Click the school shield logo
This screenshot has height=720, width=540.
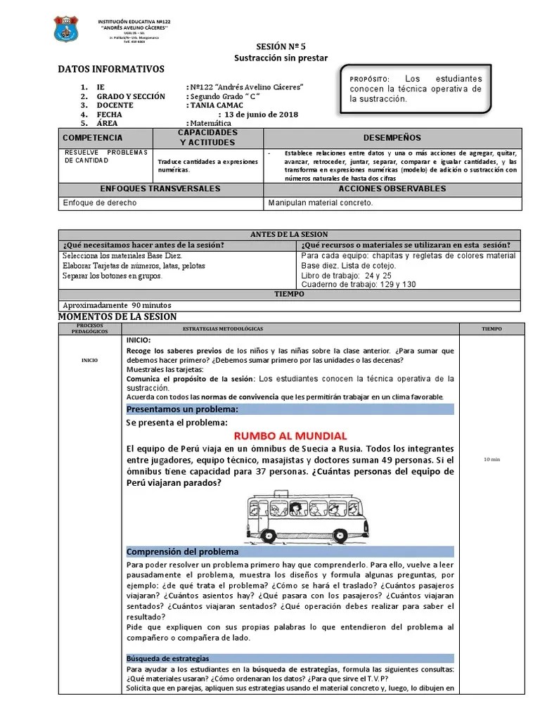[x=67, y=29]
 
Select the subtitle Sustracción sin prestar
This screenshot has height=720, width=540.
[x=271, y=56]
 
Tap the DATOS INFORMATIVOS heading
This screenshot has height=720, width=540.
[x=111, y=69]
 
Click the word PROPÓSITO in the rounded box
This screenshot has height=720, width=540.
[x=367, y=79]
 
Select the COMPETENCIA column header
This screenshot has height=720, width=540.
[x=92, y=138]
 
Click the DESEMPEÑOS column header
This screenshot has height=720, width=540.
[x=392, y=138]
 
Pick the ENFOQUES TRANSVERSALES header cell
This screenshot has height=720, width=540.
[x=160, y=189]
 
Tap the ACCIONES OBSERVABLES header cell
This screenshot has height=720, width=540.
[x=392, y=189]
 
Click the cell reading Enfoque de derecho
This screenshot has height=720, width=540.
[x=100, y=203]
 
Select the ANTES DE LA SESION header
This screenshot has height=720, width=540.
[x=289, y=234]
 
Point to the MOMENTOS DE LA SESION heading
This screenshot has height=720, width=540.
[x=117, y=317]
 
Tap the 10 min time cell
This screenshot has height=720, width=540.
[x=491, y=459]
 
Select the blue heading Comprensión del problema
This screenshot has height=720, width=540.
[x=182, y=552]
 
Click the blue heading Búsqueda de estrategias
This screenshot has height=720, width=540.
[x=167, y=659]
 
